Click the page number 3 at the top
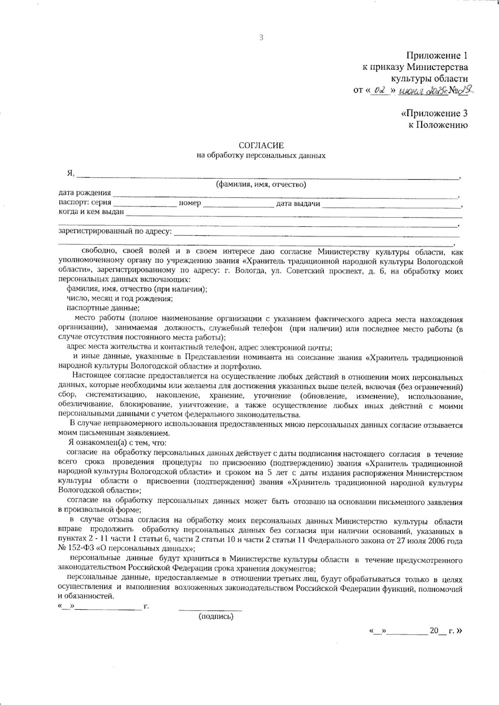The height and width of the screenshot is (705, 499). coord(261,38)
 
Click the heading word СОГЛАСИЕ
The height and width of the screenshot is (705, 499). coord(261,146)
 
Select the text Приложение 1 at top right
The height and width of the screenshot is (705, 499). coord(437,56)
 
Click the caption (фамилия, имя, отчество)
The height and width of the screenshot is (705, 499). coord(261,185)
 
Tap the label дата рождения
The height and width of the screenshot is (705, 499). coord(85,193)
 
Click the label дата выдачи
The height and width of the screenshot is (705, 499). coord(298,203)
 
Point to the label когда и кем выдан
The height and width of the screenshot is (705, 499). coord(91,212)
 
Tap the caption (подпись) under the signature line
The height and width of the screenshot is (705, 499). coord(216,616)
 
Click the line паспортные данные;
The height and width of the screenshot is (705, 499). coord(103,308)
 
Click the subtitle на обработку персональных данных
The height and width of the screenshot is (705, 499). coord(261,156)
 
